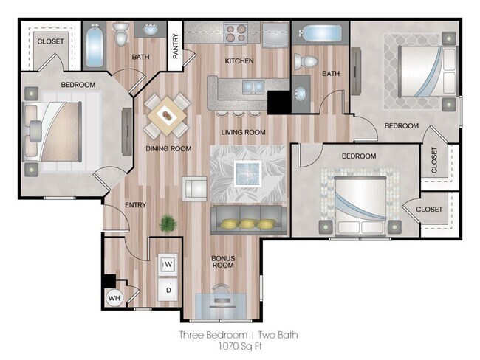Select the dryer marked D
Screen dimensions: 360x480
(x=168, y=290)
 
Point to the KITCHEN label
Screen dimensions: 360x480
(x=239, y=60)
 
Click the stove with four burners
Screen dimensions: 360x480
(x=236, y=33)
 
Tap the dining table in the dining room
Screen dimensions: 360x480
(x=165, y=114)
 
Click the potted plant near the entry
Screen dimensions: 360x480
(x=168, y=222)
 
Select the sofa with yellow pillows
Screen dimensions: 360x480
(x=248, y=221)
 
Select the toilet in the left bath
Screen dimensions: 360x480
(x=121, y=32)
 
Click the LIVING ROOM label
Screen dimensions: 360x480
(x=243, y=132)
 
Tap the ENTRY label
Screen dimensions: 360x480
(x=135, y=205)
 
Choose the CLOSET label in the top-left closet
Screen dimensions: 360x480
(x=50, y=41)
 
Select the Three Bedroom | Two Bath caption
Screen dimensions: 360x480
(x=238, y=335)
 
